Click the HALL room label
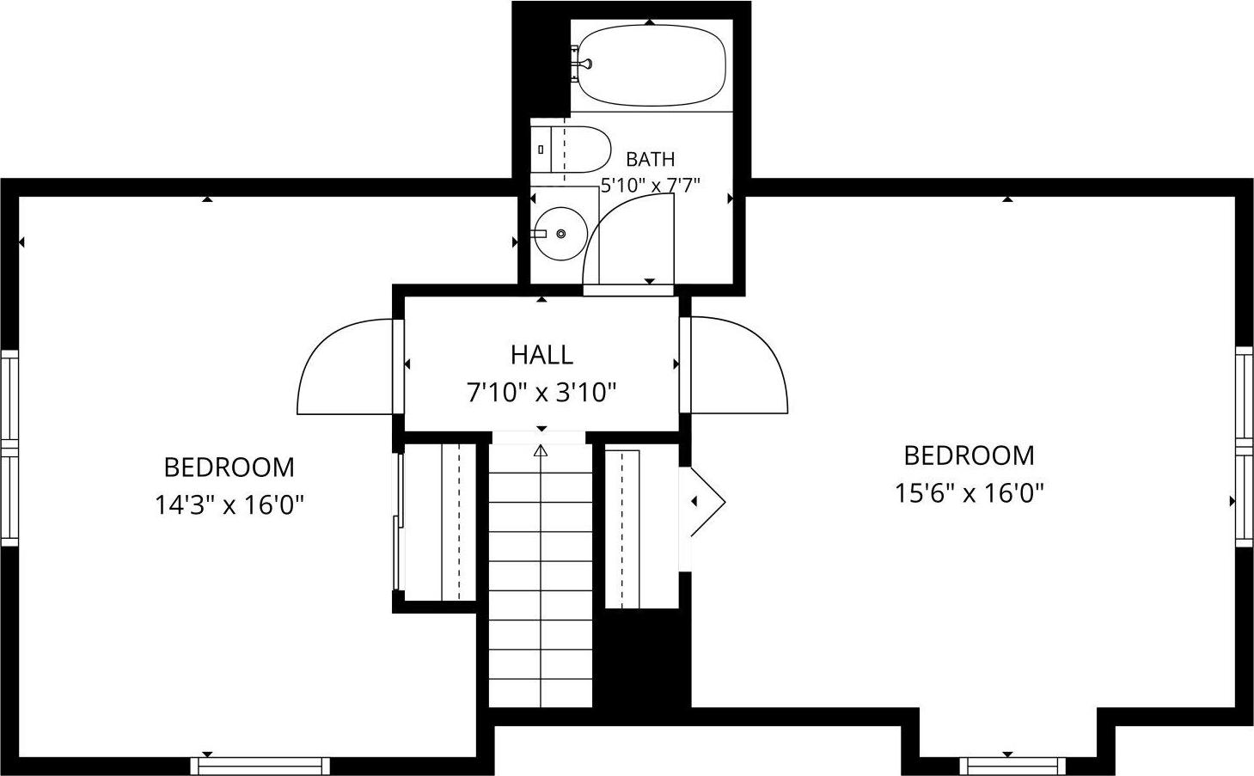point(541,355)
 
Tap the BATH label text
point(650,160)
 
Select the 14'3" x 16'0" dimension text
point(229,505)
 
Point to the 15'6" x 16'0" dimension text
point(969,493)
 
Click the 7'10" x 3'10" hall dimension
point(541,393)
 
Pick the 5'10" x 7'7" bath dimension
point(650,185)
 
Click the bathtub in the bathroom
point(651,65)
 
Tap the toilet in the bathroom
point(570,150)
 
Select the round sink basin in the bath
point(560,234)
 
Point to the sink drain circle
point(561,234)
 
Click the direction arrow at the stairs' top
point(541,450)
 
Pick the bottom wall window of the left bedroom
point(260,766)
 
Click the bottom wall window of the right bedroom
point(1012,766)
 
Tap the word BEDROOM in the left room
point(229,467)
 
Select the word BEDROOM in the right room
point(969,455)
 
